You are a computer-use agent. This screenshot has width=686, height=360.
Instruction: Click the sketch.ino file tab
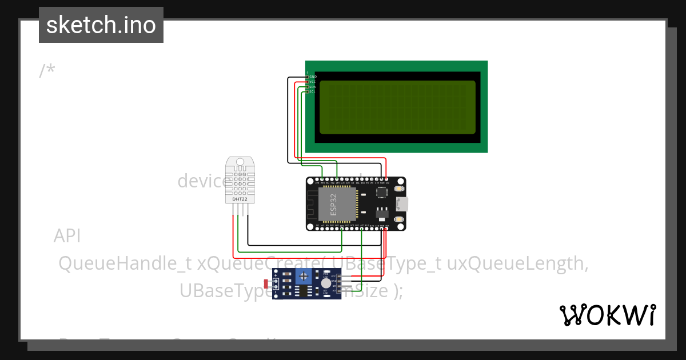pos(101,25)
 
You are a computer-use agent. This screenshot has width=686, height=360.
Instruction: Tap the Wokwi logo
pos(607,315)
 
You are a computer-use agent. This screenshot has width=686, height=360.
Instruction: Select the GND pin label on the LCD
pos(313,77)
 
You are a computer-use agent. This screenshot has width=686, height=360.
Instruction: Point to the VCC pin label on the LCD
pos(313,82)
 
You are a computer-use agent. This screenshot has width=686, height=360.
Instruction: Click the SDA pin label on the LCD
pos(313,87)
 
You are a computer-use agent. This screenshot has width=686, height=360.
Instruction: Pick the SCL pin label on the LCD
pos(313,91)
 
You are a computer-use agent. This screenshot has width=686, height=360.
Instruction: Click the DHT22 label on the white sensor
pos(240,199)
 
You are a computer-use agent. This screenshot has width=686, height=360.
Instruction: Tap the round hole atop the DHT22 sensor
pos(241,162)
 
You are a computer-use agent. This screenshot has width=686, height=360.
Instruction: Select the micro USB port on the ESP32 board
pos(402,204)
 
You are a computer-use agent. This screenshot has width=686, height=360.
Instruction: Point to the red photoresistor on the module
pos(266,283)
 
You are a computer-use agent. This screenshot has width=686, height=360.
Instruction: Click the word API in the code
pos(67,236)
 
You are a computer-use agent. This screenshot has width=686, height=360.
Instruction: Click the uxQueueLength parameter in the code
pos(517,263)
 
